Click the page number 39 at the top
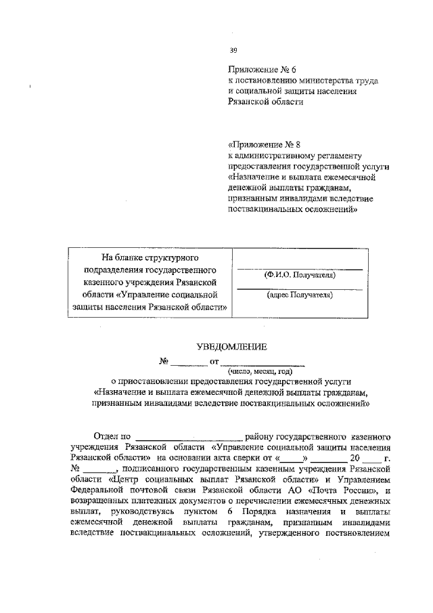233,50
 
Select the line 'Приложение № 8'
263,144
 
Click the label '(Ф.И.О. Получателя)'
298,276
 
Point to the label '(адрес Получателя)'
298,295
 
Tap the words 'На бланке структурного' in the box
149,258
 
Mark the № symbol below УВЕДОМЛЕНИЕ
163,360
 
